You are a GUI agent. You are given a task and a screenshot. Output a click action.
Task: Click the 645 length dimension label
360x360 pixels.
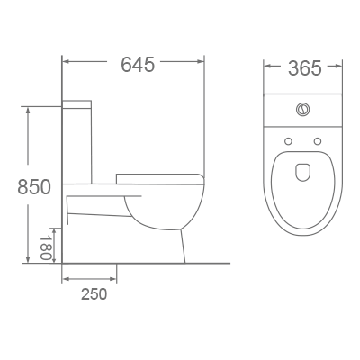[138, 65]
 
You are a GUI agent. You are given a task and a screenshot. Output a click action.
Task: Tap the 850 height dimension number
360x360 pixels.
[34, 186]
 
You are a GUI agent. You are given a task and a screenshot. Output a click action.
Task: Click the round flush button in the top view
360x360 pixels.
[302, 111]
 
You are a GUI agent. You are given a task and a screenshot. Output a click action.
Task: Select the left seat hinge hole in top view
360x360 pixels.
[288, 142]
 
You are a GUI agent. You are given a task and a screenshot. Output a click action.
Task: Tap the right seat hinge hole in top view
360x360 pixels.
[318, 142]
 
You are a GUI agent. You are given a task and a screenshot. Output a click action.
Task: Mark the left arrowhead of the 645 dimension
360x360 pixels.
[66, 63]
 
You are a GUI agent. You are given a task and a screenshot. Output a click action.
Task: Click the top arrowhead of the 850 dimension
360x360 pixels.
[29, 110]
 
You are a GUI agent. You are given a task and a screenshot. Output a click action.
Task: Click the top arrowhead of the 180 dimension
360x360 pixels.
[53, 228]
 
